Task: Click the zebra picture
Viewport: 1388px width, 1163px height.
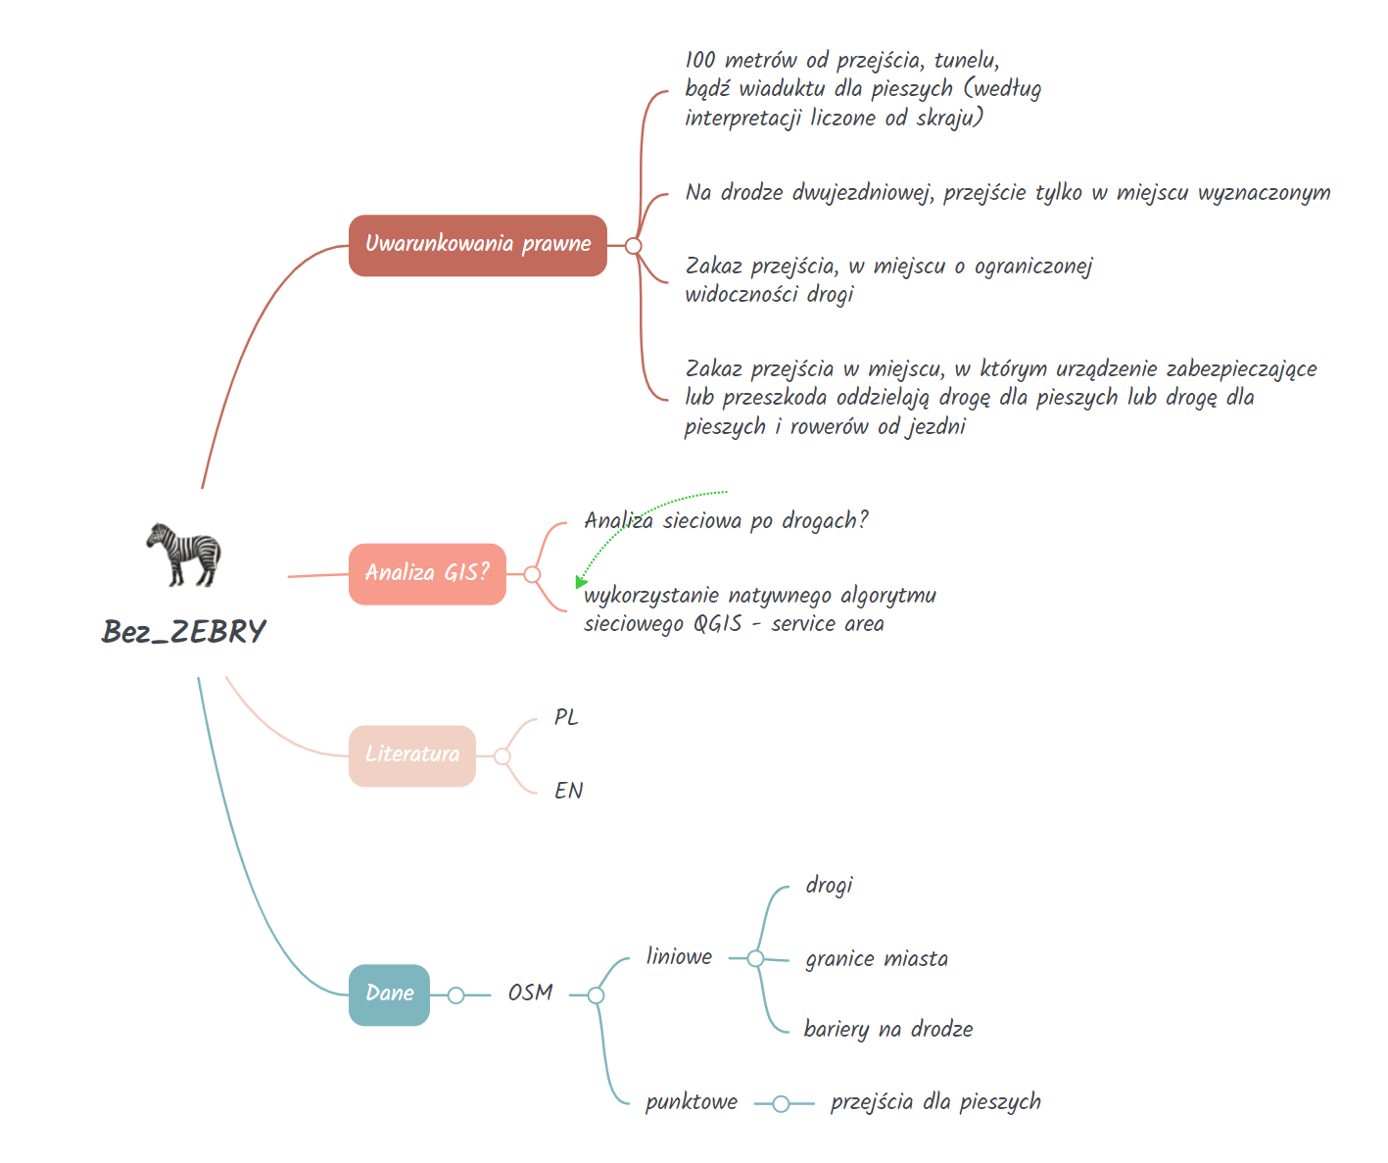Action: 184,555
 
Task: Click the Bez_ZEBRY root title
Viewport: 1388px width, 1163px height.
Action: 183,631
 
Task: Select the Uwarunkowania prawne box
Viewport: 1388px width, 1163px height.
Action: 477,245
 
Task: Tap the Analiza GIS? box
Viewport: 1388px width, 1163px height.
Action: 427,573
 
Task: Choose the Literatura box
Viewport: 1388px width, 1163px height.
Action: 411,755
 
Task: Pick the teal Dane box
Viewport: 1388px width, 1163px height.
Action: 389,994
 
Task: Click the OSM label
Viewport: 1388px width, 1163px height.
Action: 530,993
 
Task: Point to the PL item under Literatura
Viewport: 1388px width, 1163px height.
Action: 566,717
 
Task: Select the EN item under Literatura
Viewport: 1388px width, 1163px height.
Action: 568,790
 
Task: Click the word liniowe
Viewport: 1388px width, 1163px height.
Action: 679,956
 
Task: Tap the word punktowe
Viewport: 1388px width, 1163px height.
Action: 692,1102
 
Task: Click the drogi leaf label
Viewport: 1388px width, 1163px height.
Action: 829,885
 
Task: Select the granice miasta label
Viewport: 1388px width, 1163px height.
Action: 877,959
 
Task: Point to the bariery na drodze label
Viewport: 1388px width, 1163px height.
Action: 888,1029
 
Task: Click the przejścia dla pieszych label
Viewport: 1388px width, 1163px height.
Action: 935,1102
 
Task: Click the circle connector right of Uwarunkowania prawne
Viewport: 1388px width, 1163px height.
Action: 633,245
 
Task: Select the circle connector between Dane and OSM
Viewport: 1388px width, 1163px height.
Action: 455,994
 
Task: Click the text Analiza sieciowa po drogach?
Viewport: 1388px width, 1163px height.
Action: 726,520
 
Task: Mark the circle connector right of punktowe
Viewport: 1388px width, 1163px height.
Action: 781,1104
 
